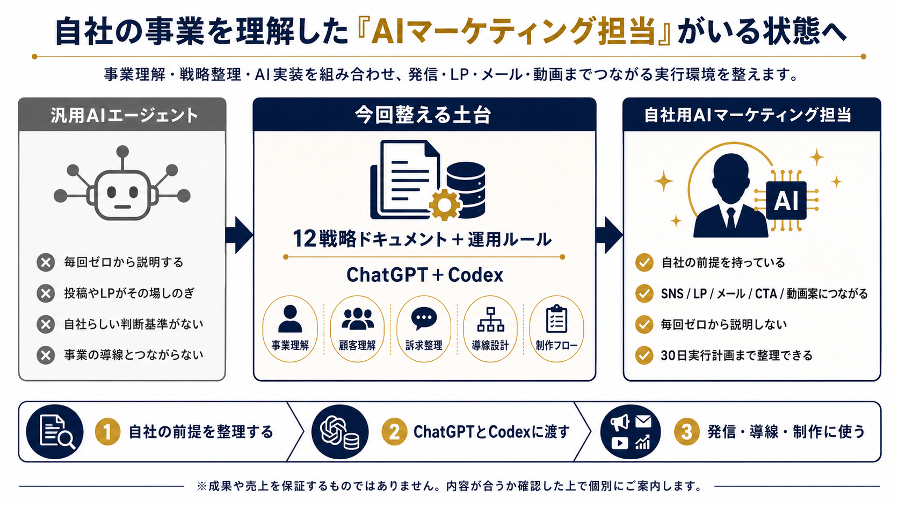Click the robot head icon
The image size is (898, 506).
tap(122, 195)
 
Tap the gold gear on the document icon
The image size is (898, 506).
tap(444, 205)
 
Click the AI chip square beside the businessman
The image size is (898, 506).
tap(786, 200)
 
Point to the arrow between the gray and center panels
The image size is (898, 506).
tap(239, 235)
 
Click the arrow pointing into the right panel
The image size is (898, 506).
tap(609, 235)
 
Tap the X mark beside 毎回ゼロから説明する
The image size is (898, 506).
tap(46, 263)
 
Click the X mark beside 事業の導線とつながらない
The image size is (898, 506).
tap(46, 355)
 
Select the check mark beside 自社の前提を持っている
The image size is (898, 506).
tap(644, 262)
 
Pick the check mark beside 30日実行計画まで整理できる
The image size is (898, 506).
tap(644, 355)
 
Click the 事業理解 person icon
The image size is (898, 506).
tap(290, 319)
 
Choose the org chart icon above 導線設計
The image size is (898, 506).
tap(490, 319)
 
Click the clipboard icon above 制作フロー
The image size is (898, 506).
tap(556, 319)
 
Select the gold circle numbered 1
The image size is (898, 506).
tap(107, 432)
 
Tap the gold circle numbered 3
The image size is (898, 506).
tap(687, 432)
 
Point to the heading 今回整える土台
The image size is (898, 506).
tap(423, 115)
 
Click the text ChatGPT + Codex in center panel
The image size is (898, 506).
tap(424, 275)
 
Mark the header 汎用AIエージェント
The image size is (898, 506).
tap(124, 116)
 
